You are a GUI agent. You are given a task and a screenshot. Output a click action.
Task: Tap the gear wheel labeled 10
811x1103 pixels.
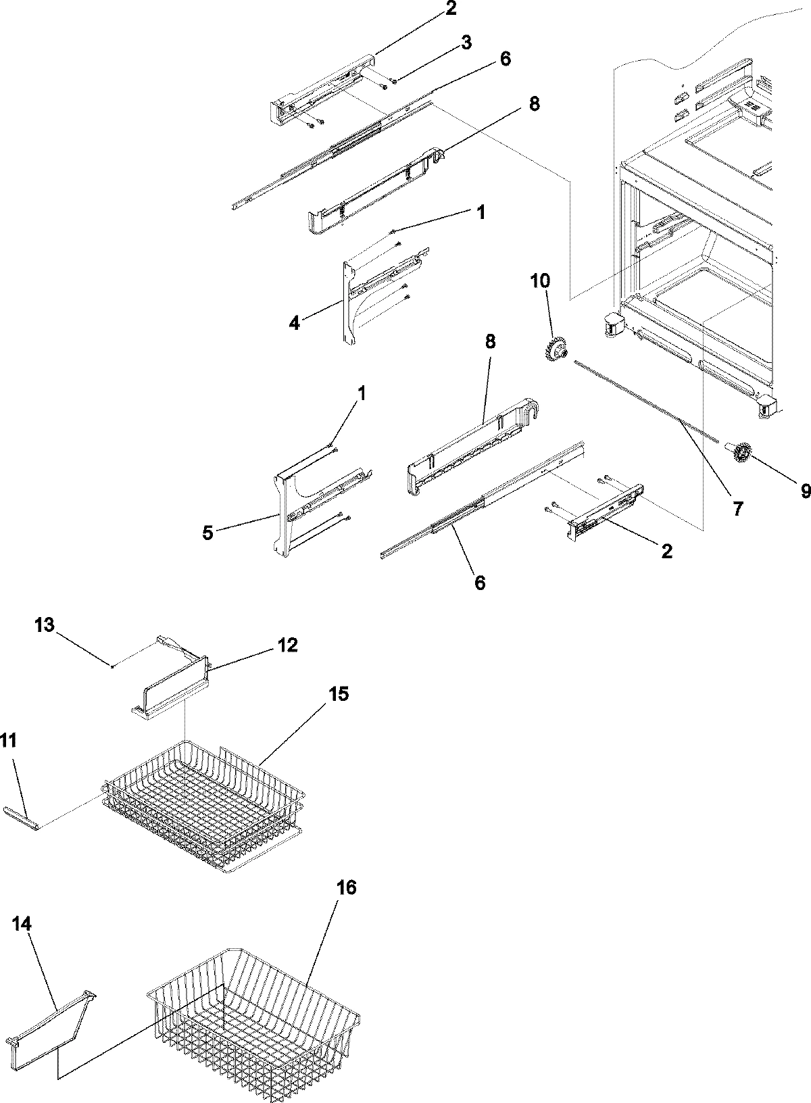(x=555, y=349)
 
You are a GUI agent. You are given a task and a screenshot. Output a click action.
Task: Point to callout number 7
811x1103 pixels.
(x=737, y=508)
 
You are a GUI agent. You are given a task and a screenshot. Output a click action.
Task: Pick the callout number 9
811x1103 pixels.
(x=805, y=492)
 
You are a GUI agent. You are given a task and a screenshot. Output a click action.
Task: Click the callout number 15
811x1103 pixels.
(x=339, y=694)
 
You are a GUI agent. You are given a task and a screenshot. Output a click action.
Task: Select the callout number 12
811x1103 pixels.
(x=287, y=645)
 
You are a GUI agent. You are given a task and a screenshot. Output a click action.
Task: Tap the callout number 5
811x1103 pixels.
(x=207, y=533)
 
